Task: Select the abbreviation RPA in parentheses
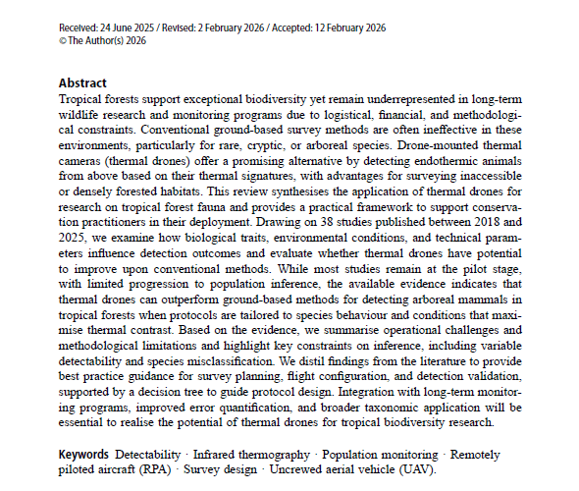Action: pyautogui.click(x=147, y=471)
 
